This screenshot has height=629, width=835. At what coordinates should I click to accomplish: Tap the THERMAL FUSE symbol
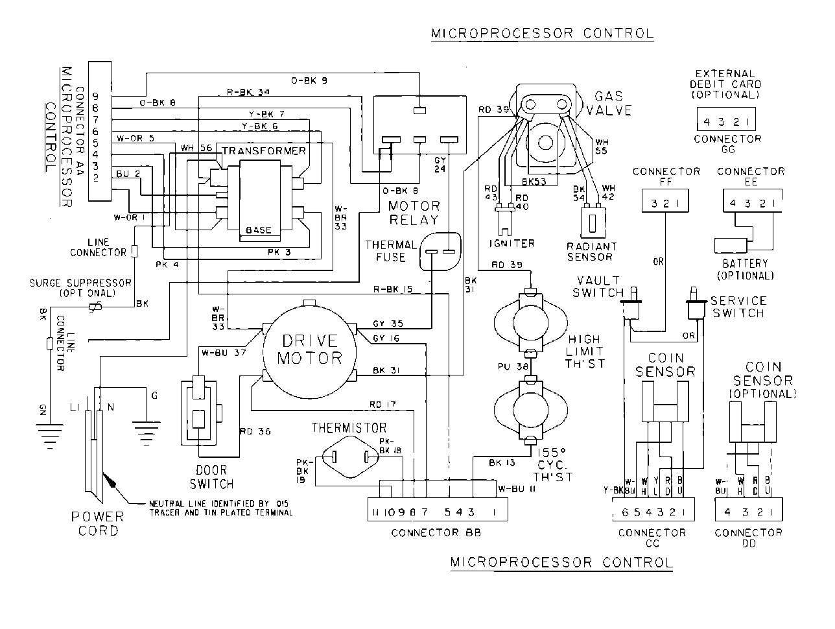pos(440,252)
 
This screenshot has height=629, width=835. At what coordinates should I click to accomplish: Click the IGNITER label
pos(512,243)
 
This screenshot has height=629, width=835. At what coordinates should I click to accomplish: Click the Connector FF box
pos(664,202)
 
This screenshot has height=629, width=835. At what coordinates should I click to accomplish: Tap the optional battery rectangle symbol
pos(731,245)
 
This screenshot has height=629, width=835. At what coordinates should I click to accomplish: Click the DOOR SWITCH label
pos(211,477)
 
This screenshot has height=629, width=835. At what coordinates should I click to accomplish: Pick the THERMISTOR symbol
pos(349,457)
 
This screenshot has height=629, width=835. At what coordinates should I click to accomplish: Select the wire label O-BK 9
pos(309,80)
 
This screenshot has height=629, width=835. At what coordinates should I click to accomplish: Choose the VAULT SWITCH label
pos(598,286)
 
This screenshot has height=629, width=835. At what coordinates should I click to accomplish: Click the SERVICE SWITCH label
pos(738,307)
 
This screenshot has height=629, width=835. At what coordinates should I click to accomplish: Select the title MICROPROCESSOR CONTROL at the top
pos(542,33)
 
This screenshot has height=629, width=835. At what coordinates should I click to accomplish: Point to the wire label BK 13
pos(503,462)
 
